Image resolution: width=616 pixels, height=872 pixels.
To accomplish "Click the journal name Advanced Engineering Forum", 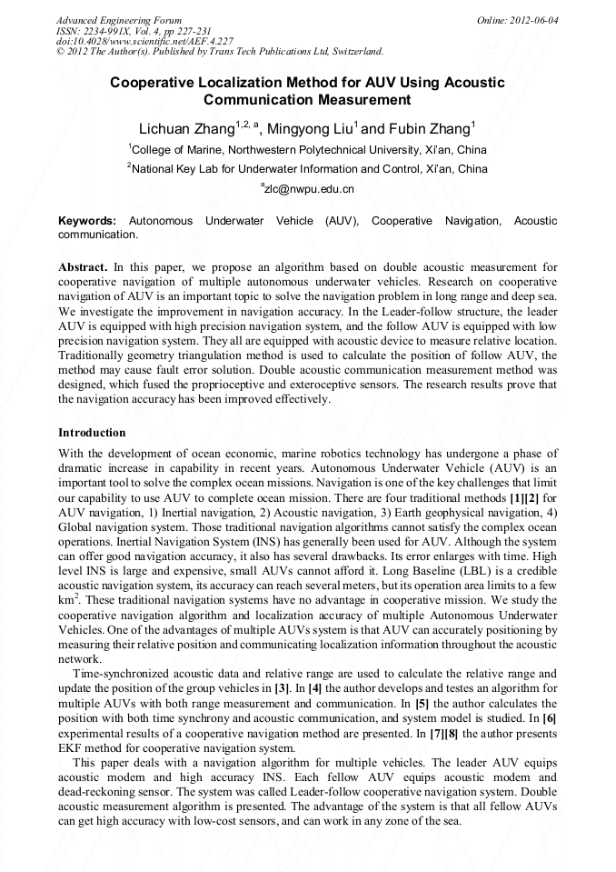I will coord(119,20).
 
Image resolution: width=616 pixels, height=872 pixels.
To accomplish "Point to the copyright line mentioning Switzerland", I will coord(219,52).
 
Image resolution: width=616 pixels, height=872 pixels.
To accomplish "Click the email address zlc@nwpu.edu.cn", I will coord(309,189).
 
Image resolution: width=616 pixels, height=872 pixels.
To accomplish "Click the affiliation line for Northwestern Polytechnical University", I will coord(309,149).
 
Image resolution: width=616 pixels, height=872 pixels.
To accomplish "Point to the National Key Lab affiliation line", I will coord(309,169).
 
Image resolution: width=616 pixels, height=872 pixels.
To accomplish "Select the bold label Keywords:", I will coord(87,221).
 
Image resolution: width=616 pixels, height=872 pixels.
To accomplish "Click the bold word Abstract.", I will coord(83,267).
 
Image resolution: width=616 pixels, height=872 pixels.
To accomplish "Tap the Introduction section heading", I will coord(92,433).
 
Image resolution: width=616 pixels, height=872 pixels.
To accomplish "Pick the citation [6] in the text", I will coord(549,718).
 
